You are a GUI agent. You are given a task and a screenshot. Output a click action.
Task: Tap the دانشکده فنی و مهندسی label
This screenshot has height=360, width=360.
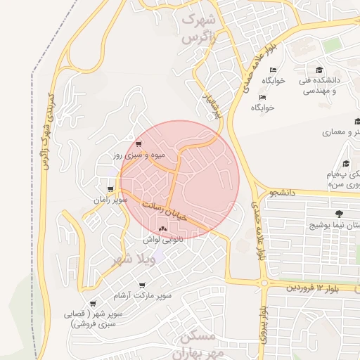tap(326, 86)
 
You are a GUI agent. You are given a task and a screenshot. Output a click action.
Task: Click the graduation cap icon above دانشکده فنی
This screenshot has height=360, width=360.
tap(319, 70)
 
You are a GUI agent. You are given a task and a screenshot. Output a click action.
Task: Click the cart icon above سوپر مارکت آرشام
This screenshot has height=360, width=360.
tap(142, 285)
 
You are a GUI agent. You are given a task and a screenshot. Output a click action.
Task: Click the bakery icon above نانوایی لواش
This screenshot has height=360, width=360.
tap(163, 229)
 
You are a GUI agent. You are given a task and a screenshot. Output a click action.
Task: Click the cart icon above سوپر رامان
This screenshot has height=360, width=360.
tap(110, 189)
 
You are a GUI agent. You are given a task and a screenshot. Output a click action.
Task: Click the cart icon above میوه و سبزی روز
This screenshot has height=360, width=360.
tap(139, 143)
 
